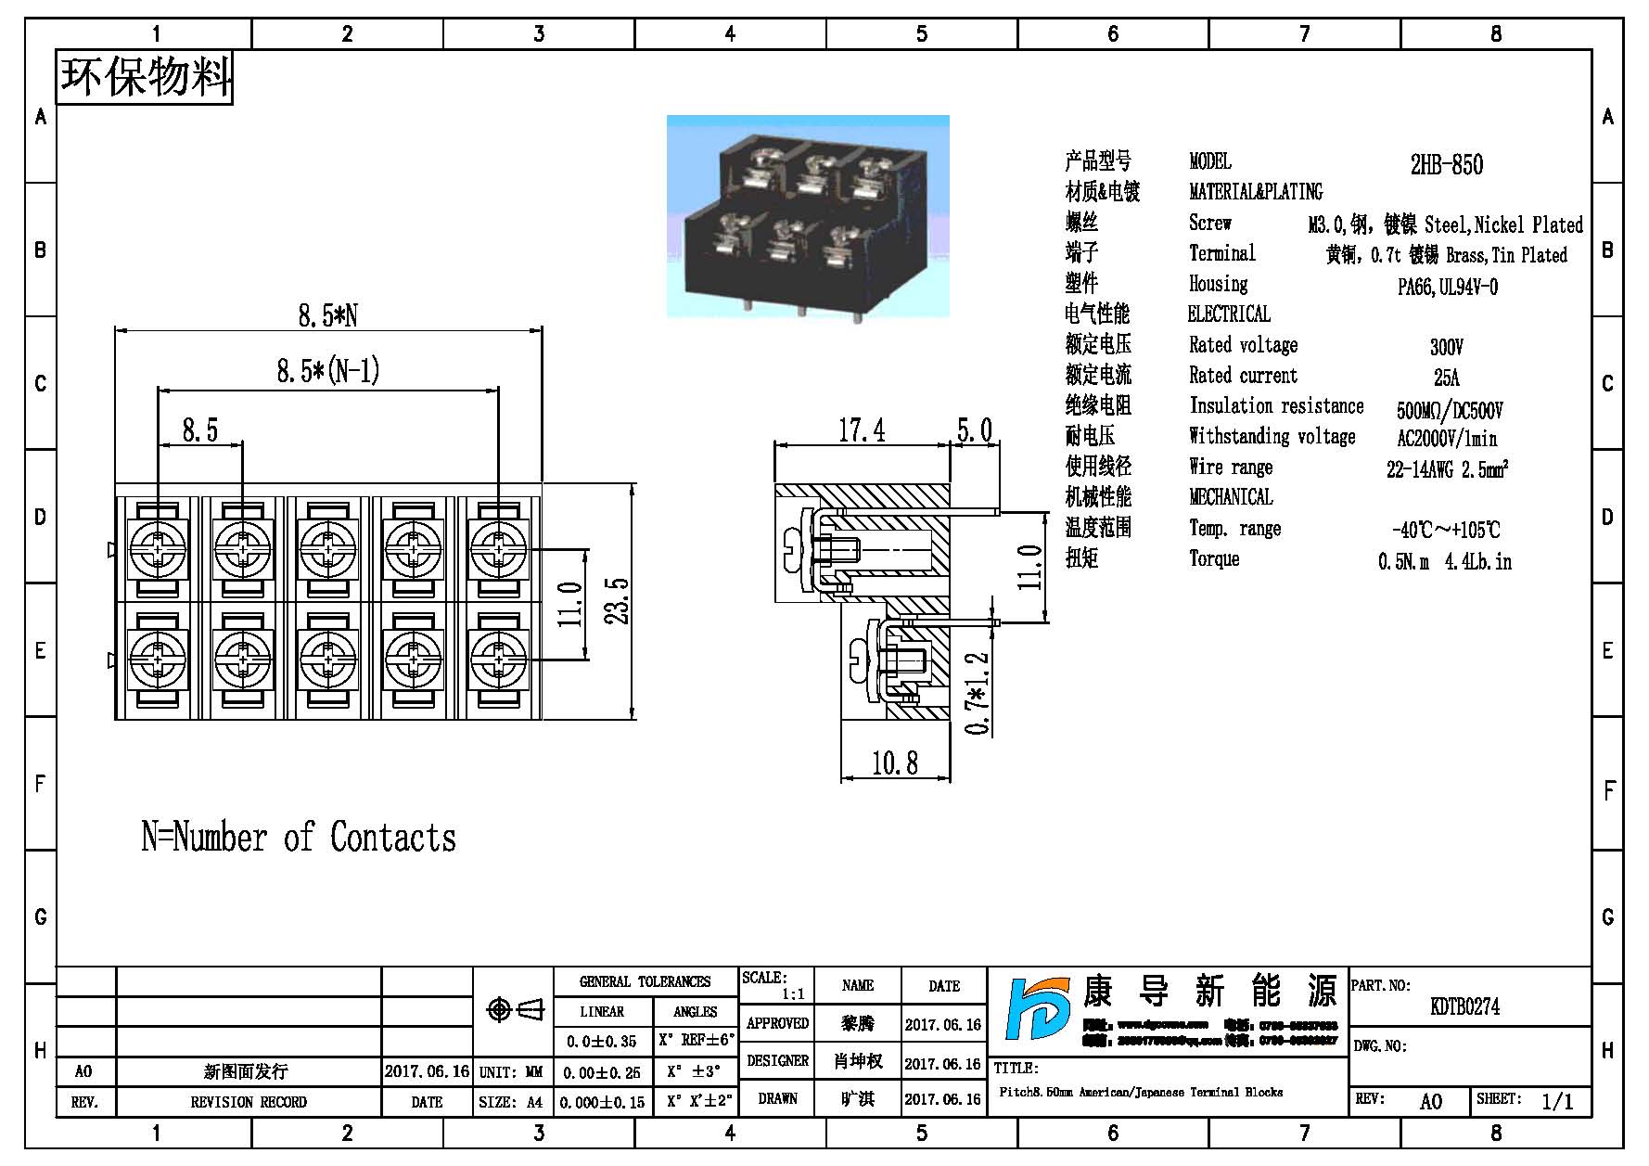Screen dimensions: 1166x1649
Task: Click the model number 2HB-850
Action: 1446,165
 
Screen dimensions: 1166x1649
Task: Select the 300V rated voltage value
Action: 1446,347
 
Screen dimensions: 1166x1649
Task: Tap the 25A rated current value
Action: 1446,378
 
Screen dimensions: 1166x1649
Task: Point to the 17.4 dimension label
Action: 862,430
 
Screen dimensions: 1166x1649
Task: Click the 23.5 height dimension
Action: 620,601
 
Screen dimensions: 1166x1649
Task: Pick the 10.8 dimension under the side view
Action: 895,763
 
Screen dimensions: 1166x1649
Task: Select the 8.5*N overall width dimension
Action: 327,315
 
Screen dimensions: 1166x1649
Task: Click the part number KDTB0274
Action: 1464,1006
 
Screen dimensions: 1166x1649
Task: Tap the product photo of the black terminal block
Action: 808,217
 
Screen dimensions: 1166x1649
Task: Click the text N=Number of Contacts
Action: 299,838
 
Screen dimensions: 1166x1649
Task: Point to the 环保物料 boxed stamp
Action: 146,77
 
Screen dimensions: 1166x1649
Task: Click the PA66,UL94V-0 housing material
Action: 1447,287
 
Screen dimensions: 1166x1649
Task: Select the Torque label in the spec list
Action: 1214,558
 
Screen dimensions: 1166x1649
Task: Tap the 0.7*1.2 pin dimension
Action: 978,694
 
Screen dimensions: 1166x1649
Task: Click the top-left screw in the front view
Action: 159,549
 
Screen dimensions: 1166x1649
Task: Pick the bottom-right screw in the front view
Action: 499,660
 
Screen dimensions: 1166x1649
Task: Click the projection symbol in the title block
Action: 515,1009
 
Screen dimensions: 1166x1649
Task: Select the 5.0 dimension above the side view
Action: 974,430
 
